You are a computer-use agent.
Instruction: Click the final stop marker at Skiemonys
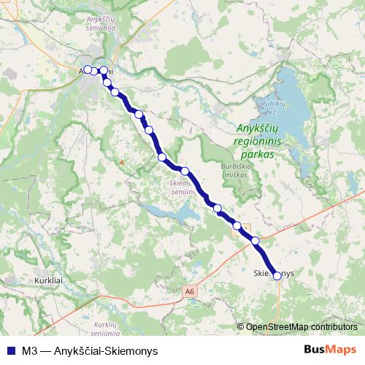click(277, 276)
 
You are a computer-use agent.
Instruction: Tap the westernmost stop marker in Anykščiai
click(88, 69)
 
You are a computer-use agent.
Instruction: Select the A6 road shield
click(190, 291)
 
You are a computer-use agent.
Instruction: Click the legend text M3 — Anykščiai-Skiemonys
click(90, 350)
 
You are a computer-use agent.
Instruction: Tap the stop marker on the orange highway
click(255, 240)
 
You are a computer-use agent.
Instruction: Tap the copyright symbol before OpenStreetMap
click(242, 326)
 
